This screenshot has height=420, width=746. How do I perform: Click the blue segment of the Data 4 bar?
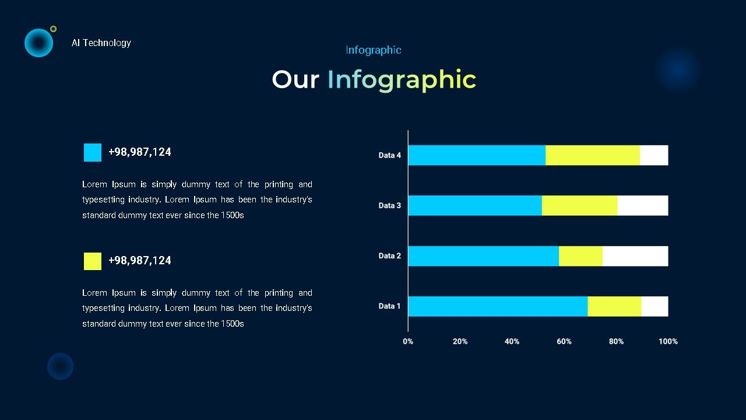pyautogui.click(x=477, y=155)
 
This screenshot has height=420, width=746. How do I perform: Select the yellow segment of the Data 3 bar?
pyautogui.click(x=579, y=206)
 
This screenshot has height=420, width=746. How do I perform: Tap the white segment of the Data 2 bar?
pyautogui.click(x=635, y=256)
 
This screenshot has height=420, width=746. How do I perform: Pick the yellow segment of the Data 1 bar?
pyautogui.click(x=614, y=306)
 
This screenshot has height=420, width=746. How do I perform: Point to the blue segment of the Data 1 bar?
pyautogui.click(x=498, y=306)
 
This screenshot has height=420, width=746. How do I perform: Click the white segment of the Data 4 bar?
pyautogui.click(x=654, y=155)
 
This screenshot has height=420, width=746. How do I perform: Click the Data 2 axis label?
pyautogui.click(x=390, y=256)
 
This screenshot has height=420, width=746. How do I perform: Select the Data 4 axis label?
pyautogui.click(x=390, y=155)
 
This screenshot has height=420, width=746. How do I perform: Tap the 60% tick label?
pyautogui.click(x=564, y=342)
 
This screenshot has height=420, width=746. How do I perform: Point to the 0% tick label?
pyautogui.click(x=408, y=342)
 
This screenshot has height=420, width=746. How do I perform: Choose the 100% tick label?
pyautogui.click(x=668, y=342)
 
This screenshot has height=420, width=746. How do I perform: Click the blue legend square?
pyautogui.click(x=93, y=153)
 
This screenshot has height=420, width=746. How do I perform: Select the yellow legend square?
pyautogui.click(x=93, y=261)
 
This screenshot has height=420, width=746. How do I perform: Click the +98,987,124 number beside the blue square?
pyautogui.click(x=140, y=152)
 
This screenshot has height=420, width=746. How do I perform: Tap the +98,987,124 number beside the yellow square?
pyautogui.click(x=140, y=261)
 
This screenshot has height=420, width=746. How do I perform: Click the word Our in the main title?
pyautogui.click(x=295, y=80)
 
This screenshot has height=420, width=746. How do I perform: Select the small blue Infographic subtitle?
pyautogui.click(x=374, y=50)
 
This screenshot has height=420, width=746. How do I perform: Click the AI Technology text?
pyautogui.click(x=101, y=43)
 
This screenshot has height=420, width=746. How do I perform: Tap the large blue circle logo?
pyautogui.click(x=38, y=43)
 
